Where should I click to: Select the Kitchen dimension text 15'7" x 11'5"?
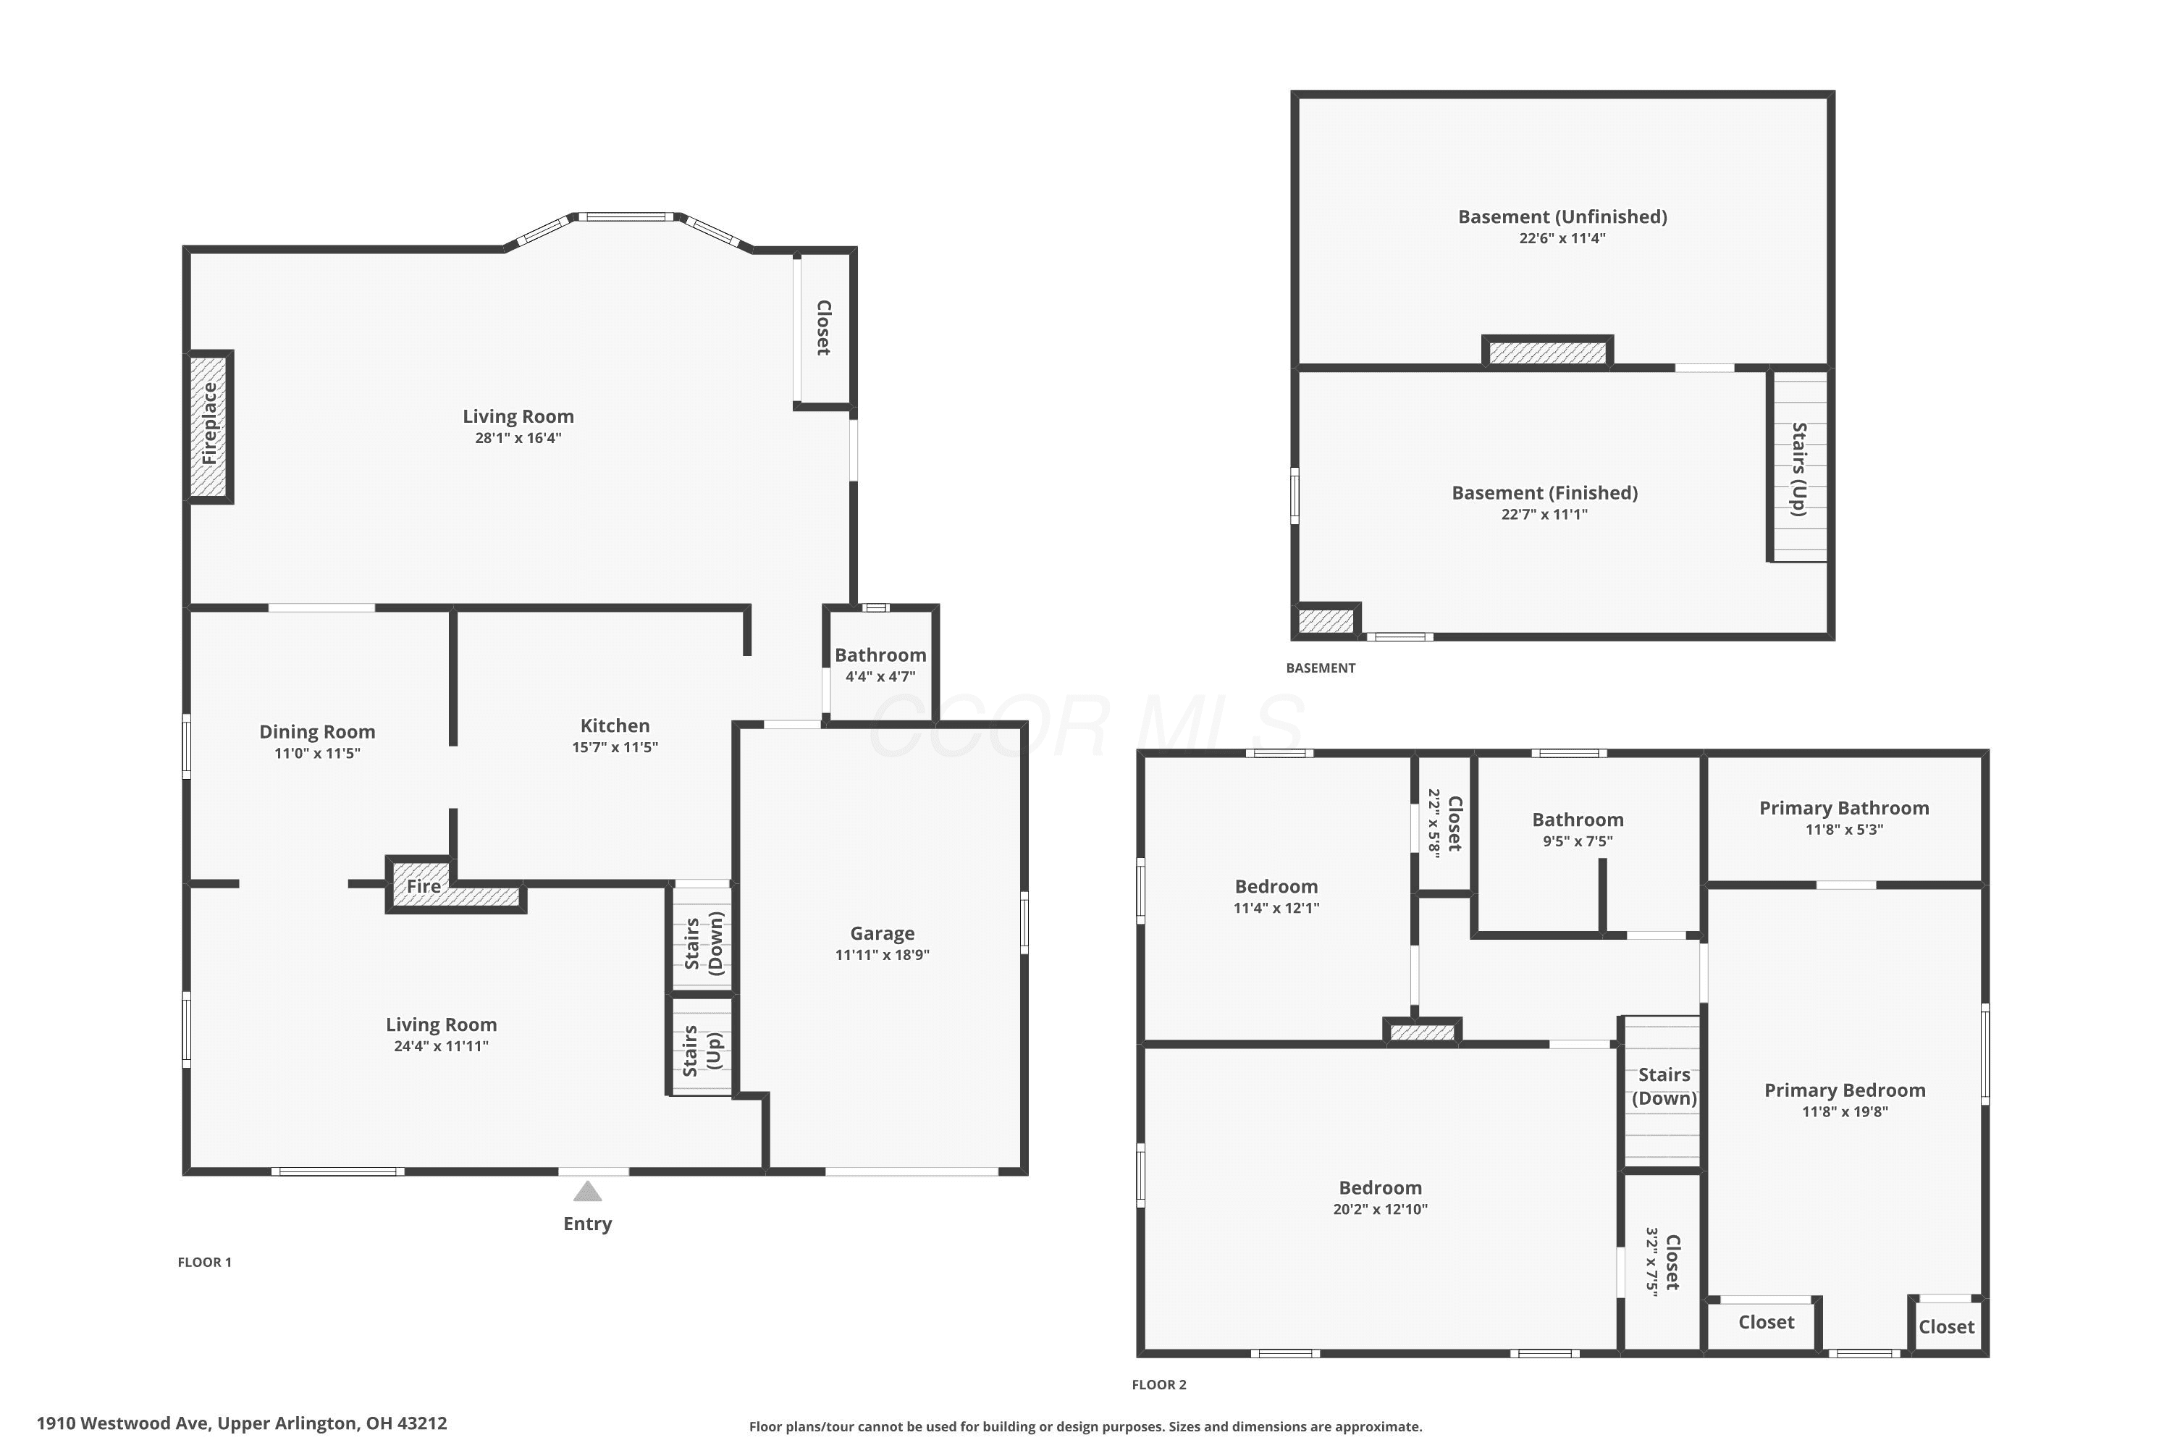tap(615, 747)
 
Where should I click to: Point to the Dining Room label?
tap(317, 731)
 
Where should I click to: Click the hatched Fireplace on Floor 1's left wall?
tap(210, 426)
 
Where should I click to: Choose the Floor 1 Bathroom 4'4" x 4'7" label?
tap(880, 664)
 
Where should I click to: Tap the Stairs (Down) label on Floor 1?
tap(704, 943)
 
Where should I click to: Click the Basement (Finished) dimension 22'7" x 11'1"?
tap(1544, 514)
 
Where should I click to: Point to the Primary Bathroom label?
tap(1844, 808)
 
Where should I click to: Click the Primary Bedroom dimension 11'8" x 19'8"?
tap(1845, 1112)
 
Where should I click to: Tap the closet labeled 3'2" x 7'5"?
tap(1662, 1261)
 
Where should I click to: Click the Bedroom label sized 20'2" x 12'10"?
tap(1380, 1187)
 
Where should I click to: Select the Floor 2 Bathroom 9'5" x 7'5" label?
tap(1578, 829)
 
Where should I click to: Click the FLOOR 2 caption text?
tap(1159, 1384)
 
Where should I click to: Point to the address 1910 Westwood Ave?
tap(124, 1423)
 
